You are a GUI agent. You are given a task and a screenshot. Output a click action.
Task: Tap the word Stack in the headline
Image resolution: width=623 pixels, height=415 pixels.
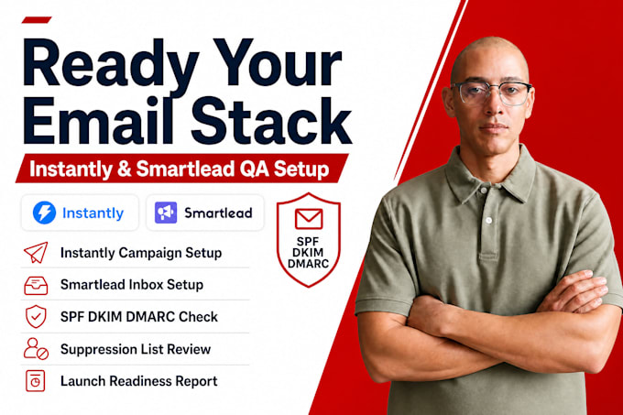(x=271, y=120)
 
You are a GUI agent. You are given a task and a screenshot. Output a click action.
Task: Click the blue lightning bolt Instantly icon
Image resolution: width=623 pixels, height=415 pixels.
(x=44, y=213)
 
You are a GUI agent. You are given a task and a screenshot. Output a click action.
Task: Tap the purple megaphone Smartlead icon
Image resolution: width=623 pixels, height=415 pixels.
(x=166, y=213)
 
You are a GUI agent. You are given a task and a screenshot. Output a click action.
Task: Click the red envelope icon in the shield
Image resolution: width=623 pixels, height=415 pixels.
(x=309, y=218)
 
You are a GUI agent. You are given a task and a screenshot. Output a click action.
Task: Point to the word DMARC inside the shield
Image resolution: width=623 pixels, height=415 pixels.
(x=309, y=264)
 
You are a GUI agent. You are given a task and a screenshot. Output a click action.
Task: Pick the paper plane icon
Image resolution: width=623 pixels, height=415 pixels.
(x=36, y=252)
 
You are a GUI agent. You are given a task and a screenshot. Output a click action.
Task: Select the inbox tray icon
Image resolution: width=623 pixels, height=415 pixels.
(x=36, y=285)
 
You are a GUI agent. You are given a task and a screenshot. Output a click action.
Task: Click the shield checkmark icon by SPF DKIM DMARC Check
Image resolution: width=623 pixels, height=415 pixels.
(x=36, y=316)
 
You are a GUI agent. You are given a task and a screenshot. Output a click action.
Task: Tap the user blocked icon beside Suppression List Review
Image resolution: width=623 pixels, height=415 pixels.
(x=36, y=349)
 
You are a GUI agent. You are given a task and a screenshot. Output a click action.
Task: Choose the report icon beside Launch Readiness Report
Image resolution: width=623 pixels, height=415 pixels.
(x=36, y=381)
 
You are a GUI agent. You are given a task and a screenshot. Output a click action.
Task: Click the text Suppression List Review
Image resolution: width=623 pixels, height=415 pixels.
(x=136, y=349)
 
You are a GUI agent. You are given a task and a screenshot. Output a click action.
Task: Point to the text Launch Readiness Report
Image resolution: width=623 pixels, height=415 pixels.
(x=138, y=381)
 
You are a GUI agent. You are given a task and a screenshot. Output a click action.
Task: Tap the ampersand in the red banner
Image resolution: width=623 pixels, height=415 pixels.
(x=124, y=169)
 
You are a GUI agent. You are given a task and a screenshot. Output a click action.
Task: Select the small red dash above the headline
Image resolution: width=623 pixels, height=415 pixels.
(x=37, y=20)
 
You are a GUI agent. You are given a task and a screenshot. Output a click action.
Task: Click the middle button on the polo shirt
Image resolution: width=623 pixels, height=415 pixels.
(x=489, y=220)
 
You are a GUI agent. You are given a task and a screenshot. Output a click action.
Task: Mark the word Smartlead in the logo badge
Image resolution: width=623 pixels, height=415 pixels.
(x=218, y=213)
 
